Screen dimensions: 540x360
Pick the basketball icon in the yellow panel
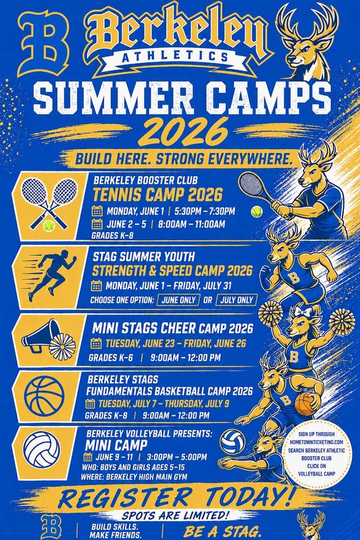[44, 397]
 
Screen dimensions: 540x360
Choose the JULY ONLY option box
[236, 300]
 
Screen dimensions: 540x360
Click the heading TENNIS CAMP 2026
[157, 195]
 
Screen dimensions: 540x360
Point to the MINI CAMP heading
[112, 444]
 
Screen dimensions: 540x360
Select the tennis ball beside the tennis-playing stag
[256, 211]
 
